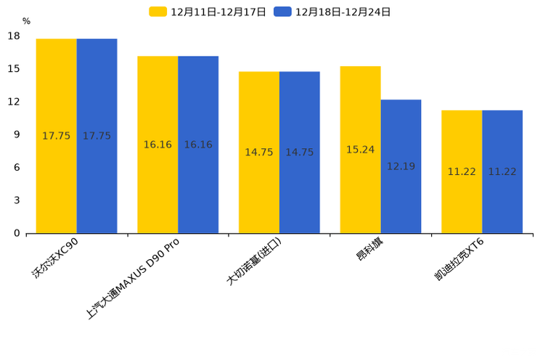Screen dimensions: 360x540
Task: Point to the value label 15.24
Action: (x=360, y=150)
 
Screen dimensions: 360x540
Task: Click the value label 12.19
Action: (x=401, y=166)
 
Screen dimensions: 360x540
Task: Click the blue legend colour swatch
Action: (x=283, y=12)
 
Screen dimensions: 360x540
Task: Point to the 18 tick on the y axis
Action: (x=14, y=36)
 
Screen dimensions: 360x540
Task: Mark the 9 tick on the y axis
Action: (x=17, y=134)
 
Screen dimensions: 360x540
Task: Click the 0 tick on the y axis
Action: (x=17, y=233)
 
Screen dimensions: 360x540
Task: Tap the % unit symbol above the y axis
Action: (x=26, y=21)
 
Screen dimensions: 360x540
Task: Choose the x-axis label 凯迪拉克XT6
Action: (x=459, y=261)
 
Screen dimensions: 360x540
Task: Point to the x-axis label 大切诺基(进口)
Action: (x=253, y=261)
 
